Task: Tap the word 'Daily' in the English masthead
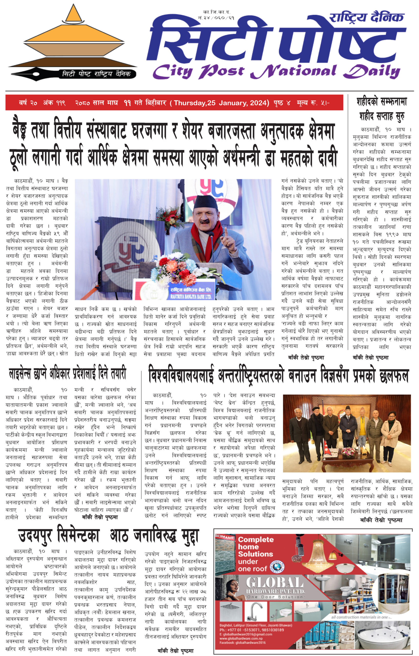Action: pos(372,71)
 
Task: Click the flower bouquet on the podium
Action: pos(181,266)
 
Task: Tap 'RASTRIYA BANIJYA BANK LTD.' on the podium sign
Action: pos(191,296)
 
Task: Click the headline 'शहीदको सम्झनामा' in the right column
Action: pos(381,102)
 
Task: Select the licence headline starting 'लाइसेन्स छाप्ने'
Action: pos(68,374)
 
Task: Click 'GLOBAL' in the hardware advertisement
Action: pos(275,583)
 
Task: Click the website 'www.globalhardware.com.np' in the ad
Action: pos(241,638)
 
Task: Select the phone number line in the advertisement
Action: pos(251,630)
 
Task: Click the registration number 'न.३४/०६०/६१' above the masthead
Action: pos(216,18)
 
